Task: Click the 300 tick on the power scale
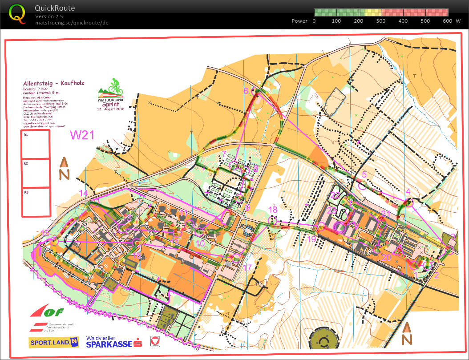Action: click(x=381, y=21)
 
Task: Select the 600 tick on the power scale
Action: click(x=448, y=21)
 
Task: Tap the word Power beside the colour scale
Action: click(x=299, y=21)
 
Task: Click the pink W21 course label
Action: click(x=82, y=135)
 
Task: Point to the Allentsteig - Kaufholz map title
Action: click(x=54, y=83)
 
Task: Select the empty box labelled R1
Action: click(x=36, y=145)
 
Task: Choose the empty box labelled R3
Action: click(x=36, y=203)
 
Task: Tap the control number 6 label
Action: click(x=246, y=91)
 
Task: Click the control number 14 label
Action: click(x=84, y=193)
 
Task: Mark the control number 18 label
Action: click(x=273, y=209)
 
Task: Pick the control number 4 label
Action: click(x=408, y=192)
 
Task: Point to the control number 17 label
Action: click(x=247, y=267)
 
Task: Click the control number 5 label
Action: click(x=364, y=174)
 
